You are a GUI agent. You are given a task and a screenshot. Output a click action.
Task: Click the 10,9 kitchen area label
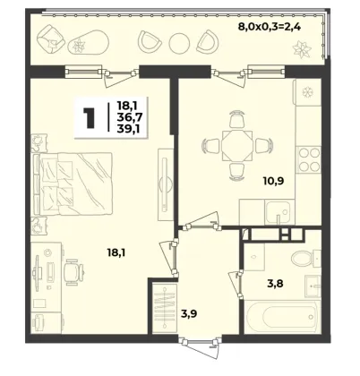coord(273,181)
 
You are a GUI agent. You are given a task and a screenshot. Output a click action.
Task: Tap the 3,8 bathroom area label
coord(275,283)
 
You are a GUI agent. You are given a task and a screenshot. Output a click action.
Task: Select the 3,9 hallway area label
coord(189,313)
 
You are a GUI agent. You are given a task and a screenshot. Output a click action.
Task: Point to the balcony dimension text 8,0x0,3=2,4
coord(269,27)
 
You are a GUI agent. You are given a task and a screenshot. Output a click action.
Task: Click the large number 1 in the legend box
coord(90,118)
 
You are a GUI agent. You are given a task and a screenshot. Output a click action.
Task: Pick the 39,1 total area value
coord(130,129)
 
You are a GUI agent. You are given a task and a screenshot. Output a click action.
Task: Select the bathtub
coord(282,316)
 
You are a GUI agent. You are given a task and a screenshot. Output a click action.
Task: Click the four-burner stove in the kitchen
coord(309,158)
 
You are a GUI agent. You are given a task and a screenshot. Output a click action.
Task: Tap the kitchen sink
coord(278,212)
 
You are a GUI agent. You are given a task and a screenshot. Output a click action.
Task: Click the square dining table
coord(236,145)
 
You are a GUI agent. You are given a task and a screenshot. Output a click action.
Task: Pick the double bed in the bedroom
coord(73,184)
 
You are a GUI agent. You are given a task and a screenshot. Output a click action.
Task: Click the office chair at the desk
coord(73,271)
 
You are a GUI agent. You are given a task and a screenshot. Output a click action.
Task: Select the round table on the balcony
coord(179,43)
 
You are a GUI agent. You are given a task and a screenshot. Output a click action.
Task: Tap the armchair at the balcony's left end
coord(50,38)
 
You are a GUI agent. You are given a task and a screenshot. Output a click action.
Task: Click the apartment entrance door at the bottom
coord(201,346)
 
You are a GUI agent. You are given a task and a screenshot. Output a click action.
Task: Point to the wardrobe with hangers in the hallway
coord(165,308)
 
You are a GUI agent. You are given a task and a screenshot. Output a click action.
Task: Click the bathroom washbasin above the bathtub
coord(313,286)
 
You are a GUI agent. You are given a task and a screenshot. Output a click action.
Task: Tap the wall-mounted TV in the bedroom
coord(164,185)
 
